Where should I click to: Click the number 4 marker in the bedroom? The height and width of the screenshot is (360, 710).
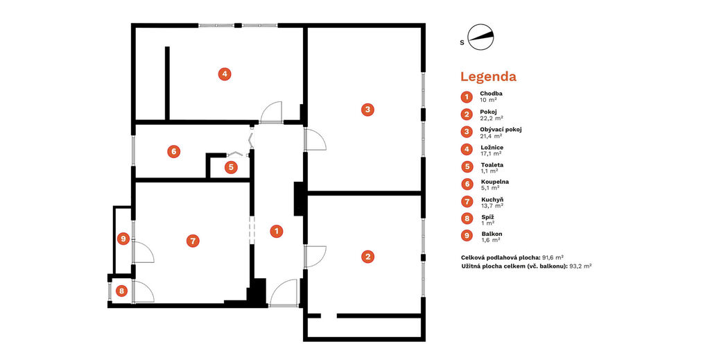point(225,74)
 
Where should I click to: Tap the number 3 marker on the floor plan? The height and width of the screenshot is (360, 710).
point(367,109)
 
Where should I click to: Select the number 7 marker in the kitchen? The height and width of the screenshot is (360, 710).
point(193,241)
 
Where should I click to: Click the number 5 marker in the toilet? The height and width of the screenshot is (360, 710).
point(231,168)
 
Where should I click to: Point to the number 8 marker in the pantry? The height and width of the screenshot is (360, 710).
point(121,291)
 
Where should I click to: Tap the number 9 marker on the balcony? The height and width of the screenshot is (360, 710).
point(123,239)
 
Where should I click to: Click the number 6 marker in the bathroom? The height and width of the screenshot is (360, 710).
point(173,151)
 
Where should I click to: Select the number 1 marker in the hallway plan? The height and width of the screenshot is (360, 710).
point(276,232)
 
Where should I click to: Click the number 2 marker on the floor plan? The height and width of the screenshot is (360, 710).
point(367,257)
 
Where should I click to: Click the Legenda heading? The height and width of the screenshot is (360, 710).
point(488,76)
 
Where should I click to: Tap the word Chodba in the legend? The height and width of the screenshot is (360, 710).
point(492,94)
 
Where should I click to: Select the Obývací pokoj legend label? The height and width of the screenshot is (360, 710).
point(501,130)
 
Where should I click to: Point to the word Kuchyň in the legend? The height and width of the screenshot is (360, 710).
point(493,200)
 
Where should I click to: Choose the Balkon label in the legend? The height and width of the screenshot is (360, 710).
point(492,234)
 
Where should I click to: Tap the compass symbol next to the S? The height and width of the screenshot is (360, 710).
point(481,37)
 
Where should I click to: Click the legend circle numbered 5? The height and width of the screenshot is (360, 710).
point(467,166)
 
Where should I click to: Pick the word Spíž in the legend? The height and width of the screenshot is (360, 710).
point(487,217)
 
